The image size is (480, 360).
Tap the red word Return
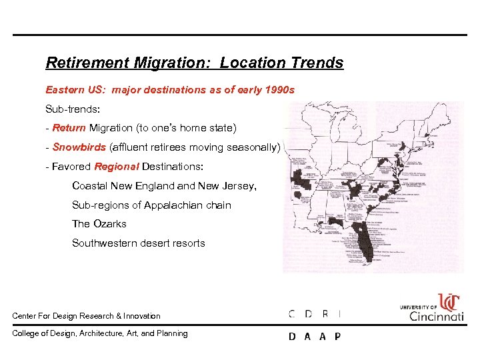69,127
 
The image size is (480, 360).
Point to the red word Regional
116,166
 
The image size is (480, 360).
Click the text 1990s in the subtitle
280,89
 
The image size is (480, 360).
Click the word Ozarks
109,224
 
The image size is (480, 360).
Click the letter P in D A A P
337,337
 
